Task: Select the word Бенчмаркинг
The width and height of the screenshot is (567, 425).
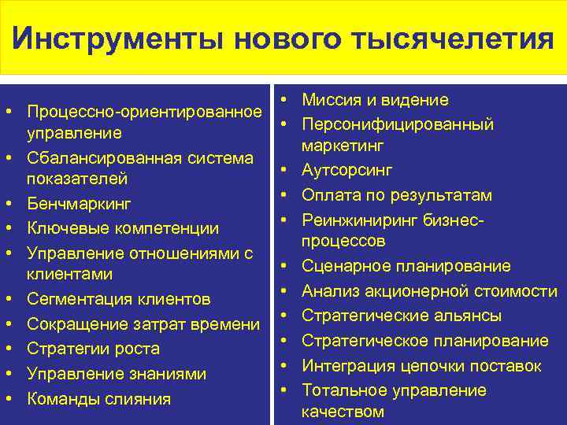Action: pyautogui.click(x=79, y=204)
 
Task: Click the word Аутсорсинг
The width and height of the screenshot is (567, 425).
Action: pyautogui.click(x=347, y=171)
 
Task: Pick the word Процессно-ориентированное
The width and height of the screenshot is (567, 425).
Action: pyautogui.click(x=144, y=109)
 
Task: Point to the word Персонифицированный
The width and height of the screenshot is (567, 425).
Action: pyautogui.click(x=398, y=124)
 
